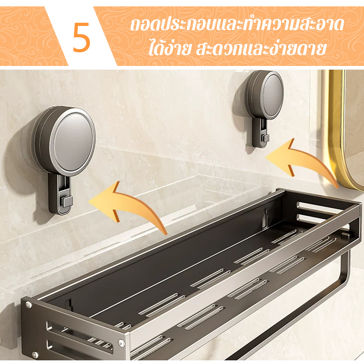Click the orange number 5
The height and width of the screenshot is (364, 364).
(81, 37)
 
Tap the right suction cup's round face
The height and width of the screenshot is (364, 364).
(273, 96)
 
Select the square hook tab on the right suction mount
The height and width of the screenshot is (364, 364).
(266, 138)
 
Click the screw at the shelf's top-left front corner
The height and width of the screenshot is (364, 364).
(29, 304)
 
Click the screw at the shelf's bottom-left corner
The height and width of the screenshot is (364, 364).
(35, 354)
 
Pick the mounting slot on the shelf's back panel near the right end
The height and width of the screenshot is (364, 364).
(265, 218)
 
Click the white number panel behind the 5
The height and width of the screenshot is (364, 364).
(81, 36)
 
